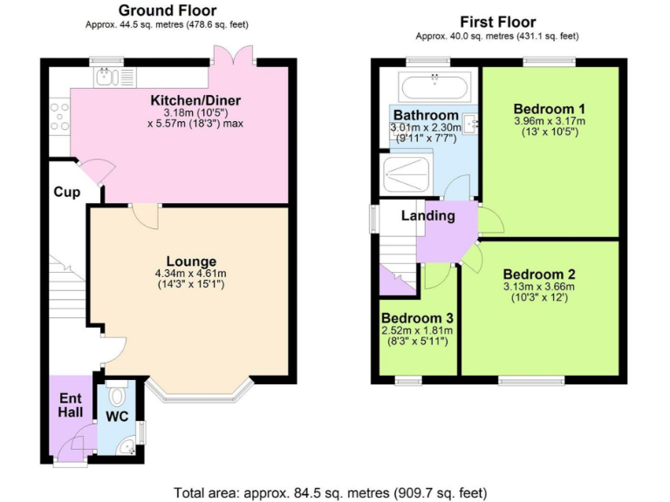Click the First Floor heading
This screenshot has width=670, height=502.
[x=497, y=22]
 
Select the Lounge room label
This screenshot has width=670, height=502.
[x=191, y=261]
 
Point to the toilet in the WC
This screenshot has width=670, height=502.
[x=119, y=395]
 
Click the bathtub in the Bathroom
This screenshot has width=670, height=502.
[x=434, y=86]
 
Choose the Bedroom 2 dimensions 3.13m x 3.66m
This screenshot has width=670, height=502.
[x=538, y=287]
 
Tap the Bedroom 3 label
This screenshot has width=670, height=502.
[x=415, y=317]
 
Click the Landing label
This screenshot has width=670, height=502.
[x=427, y=215]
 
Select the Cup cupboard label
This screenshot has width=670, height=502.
[x=65, y=192]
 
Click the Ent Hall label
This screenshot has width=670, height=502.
[x=71, y=404]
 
